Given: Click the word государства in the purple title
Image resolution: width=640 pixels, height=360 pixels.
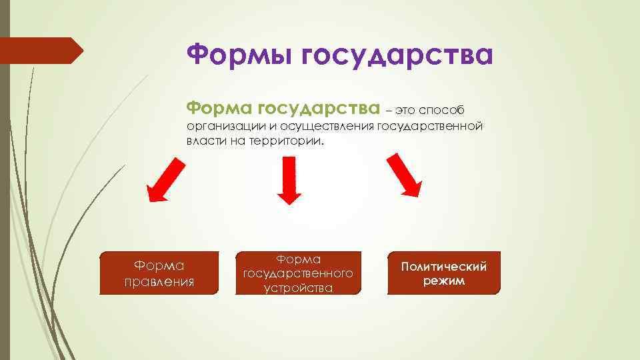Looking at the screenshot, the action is (397, 56).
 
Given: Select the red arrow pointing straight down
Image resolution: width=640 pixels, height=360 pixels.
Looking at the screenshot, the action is (289, 180).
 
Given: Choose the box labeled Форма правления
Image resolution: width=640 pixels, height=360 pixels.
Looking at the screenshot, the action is (159, 273).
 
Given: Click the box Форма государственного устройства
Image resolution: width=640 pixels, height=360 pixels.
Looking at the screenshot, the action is (298, 273).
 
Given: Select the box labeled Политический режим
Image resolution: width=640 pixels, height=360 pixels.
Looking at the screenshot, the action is (443, 273).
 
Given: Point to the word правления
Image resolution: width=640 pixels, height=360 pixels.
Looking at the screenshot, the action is (159, 281).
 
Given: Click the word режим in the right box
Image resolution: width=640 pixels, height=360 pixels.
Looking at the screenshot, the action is (443, 281).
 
